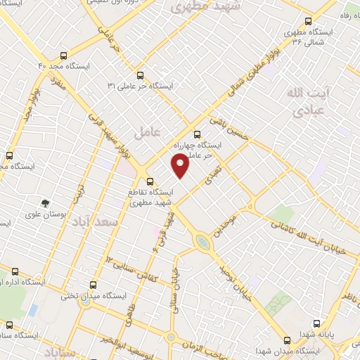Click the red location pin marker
[181, 164]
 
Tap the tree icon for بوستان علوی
[45, 203]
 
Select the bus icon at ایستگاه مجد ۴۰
[64, 55]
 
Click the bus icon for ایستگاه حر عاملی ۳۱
[139, 75]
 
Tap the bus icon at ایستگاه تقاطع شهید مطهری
[150, 181]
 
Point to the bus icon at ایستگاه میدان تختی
[94, 285]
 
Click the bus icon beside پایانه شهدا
[317, 323]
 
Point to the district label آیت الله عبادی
[306, 101]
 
